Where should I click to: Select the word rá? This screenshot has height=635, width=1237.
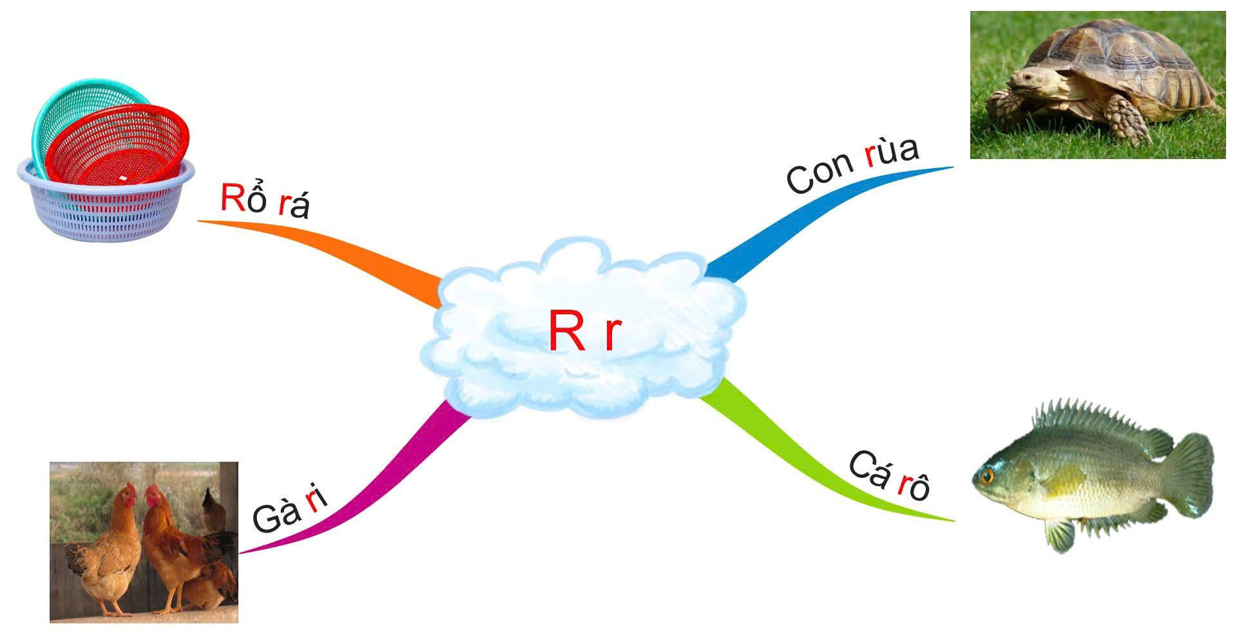(294, 206)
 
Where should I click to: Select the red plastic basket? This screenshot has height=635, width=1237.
(119, 148)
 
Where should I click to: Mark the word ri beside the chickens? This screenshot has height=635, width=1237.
(315, 500)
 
